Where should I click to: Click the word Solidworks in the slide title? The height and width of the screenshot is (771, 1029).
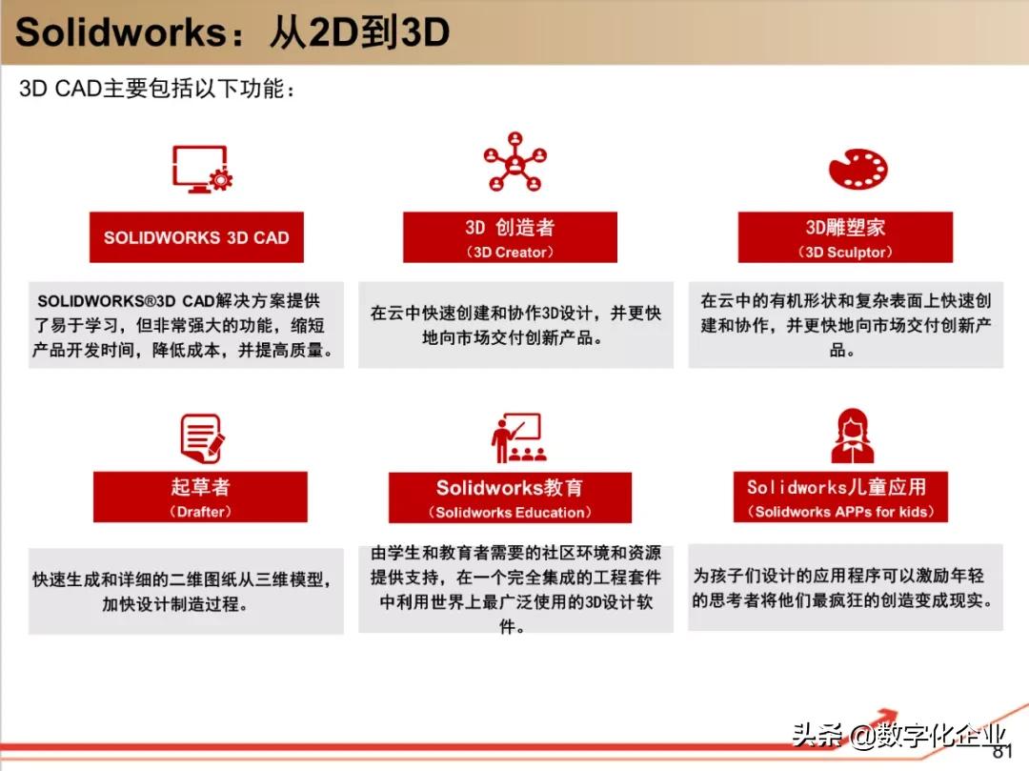121,31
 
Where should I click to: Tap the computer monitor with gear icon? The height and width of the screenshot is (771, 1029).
202,170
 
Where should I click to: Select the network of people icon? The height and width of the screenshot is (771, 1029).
515,161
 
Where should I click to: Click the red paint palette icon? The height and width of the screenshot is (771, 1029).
857,169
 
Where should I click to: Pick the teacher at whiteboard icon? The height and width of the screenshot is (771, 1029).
518,437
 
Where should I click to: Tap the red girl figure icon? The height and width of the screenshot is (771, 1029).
853,436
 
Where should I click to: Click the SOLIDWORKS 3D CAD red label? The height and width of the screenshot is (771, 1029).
196,237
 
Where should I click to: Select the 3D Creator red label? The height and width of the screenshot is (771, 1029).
510,237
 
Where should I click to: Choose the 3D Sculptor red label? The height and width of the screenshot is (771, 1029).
845,237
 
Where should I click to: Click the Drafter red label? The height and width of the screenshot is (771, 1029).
200,497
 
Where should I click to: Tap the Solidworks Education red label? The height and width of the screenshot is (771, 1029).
510,497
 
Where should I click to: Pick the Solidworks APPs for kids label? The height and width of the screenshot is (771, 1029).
840,497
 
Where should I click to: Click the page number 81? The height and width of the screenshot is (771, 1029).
1002,752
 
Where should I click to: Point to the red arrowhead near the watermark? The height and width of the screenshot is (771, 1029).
886,715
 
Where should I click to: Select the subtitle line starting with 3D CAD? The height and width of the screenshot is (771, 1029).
157,88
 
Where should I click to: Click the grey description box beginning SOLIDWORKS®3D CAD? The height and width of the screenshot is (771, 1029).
186,325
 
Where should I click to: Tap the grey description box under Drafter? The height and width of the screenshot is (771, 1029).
186,591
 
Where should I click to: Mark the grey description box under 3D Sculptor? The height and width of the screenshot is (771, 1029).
846,325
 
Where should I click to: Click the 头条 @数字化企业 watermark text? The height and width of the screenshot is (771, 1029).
898,735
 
